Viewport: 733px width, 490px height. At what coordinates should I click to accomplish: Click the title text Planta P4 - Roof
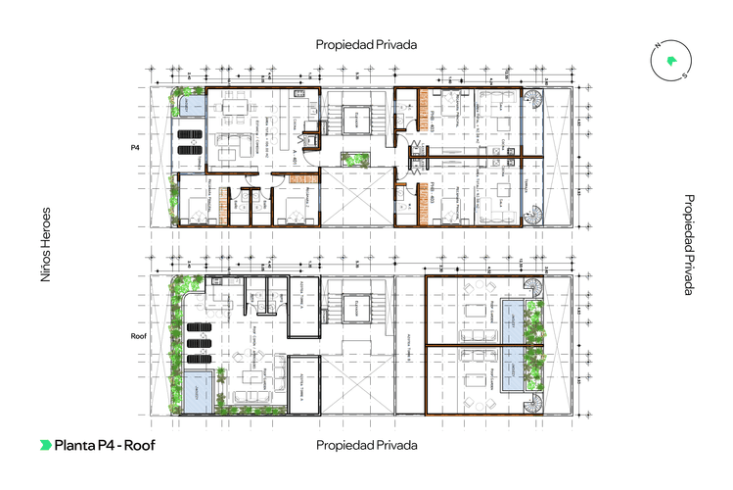(105, 445)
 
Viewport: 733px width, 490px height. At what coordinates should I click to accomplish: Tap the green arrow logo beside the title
(45, 445)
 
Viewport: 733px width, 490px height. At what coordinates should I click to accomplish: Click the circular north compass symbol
(669, 61)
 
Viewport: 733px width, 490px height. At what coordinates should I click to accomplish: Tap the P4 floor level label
(136, 147)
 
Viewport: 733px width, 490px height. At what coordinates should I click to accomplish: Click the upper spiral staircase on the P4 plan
(534, 100)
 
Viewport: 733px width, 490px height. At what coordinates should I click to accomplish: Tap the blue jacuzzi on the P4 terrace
(190, 103)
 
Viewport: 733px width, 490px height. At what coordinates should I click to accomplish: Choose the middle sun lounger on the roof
(201, 344)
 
